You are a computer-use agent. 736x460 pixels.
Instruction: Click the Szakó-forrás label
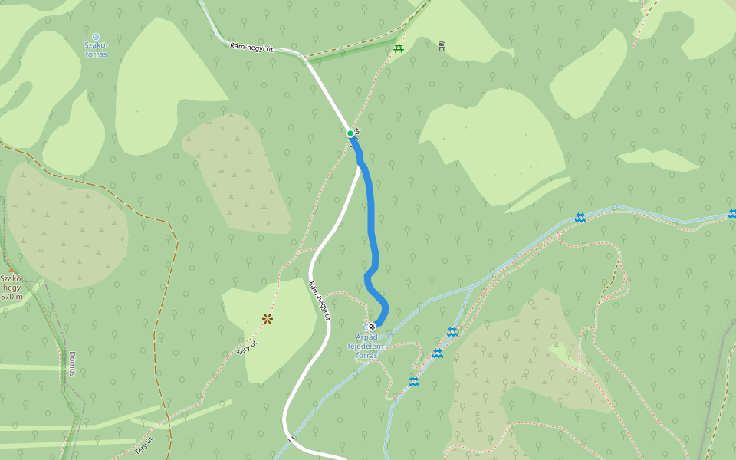pos(96,51)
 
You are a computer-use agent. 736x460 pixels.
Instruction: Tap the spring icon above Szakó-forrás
pos(96,36)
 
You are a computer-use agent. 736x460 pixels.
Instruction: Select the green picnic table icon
pos(399,49)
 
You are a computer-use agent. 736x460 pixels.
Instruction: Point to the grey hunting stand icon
pos(442,46)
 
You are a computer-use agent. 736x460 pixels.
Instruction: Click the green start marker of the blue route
pos(350,133)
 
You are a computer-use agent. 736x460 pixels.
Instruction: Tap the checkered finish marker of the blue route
pos(372,327)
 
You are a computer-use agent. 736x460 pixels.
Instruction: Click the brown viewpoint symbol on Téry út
pos(268,318)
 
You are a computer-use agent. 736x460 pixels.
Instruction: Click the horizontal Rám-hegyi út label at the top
pos(251,48)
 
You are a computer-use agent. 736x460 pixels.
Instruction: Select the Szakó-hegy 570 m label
pos(11,287)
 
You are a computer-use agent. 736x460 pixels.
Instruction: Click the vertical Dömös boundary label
pos(72,363)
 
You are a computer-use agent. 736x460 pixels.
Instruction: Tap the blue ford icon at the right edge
pos(733,213)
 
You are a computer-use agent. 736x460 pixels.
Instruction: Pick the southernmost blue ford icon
pos(414,381)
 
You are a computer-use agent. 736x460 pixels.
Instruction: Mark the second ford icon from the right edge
pos(580,218)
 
